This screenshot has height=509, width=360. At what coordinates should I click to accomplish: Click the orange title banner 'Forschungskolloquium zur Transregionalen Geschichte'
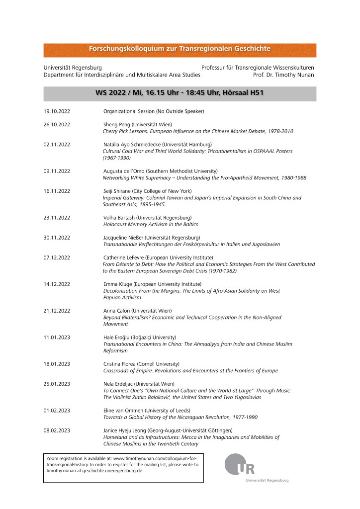click(x=180, y=49)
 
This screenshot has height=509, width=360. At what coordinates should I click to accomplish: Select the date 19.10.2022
click(x=57, y=111)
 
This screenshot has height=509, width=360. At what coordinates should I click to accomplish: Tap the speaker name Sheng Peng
click(x=117, y=124)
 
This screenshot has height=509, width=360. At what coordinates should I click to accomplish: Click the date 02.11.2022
click(x=57, y=144)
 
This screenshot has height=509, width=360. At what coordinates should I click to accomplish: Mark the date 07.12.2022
click(x=57, y=257)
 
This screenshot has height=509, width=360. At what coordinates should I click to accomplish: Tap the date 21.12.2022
click(x=57, y=311)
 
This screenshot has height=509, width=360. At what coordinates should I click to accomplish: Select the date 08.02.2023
click(x=57, y=430)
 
